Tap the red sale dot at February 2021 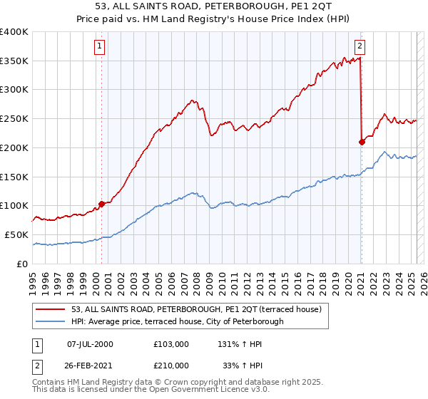[362, 142]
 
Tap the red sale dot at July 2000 [101, 204]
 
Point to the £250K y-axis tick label [14, 119]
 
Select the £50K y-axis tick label [16, 234]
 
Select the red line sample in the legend [51, 309]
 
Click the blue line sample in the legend [51, 321]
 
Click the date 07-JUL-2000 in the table [89, 344]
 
